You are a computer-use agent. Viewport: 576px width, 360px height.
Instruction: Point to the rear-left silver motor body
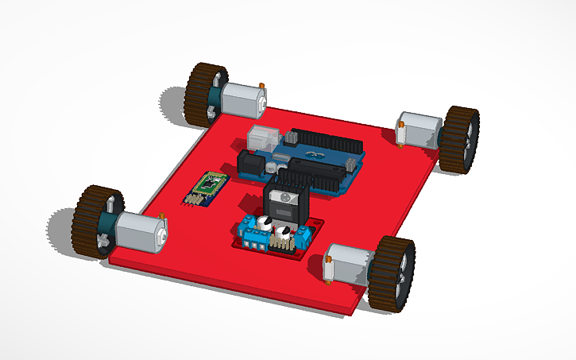[x=241, y=99]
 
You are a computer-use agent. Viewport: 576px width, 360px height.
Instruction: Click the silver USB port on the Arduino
[x=264, y=135]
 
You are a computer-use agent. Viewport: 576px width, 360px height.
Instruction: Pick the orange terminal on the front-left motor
[x=162, y=216]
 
